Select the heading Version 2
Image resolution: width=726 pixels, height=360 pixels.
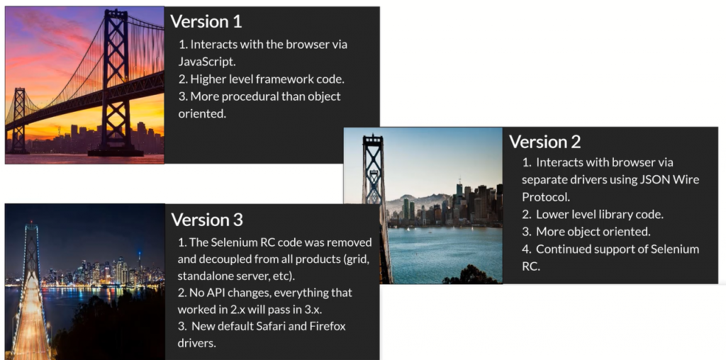[x=545, y=141]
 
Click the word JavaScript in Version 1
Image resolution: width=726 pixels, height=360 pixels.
[x=207, y=61]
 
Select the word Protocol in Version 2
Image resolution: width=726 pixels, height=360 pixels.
[x=546, y=196]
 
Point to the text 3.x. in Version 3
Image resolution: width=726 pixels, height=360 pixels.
[x=338, y=309]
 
